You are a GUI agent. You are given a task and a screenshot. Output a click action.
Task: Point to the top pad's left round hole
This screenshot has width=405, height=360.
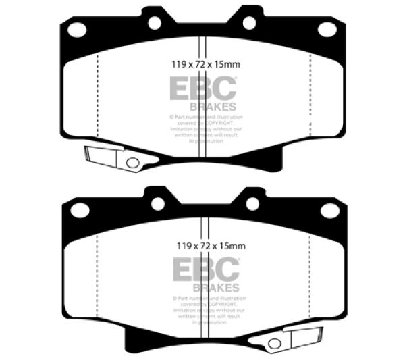(x=155, y=22)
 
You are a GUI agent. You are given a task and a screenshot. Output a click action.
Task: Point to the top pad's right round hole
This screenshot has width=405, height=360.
(x=250, y=22)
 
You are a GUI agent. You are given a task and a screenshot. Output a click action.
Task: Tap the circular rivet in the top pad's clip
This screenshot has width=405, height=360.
(x=132, y=162)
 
